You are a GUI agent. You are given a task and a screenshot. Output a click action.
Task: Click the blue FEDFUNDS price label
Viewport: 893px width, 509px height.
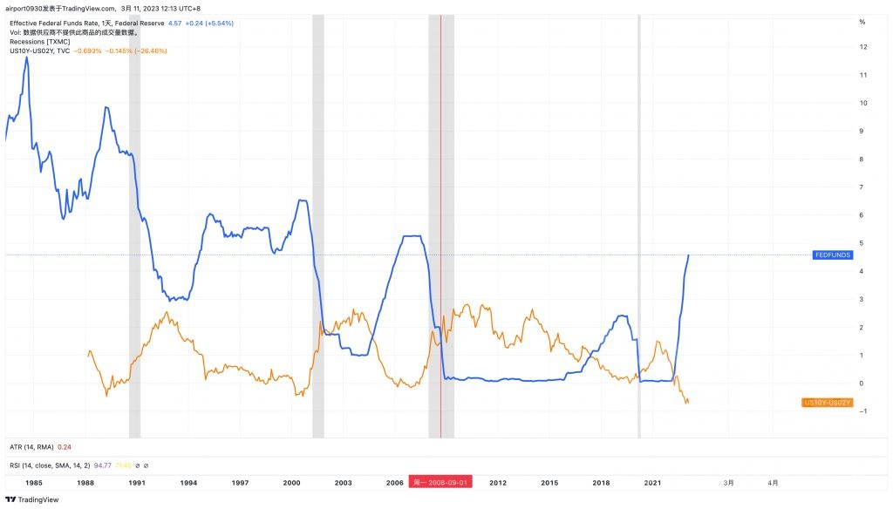[x=830, y=254]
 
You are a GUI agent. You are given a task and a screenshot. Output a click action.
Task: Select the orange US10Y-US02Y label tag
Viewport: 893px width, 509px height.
[x=827, y=403]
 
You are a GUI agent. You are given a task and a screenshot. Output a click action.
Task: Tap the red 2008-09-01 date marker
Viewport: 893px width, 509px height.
[x=441, y=482]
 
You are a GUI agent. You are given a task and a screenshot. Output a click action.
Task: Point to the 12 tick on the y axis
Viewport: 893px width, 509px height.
[x=862, y=47]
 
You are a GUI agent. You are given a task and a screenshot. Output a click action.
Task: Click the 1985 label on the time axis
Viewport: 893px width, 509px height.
[x=34, y=482]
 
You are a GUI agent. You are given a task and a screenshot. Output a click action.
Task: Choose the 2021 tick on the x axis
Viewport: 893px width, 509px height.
[x=652, y=482]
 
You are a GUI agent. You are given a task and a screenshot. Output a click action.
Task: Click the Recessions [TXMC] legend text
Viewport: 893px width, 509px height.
[x=39, y=41]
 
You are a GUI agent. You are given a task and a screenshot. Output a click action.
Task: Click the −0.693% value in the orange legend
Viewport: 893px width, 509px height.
[x=91, y=51]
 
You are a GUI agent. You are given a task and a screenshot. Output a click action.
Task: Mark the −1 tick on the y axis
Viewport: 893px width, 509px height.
[x=862, y=411]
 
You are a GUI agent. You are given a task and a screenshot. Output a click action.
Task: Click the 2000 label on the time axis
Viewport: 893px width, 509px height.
[x=291, y=482]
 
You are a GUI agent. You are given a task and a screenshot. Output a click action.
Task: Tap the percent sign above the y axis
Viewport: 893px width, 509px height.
[x=862, y=21]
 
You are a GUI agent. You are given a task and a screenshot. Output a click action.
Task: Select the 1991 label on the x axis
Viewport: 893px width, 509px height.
[x=137, y=482]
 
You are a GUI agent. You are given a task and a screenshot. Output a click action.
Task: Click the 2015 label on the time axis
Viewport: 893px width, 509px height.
[x=549, y=482]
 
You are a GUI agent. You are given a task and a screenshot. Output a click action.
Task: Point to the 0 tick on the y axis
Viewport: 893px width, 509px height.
[x=862, y=383]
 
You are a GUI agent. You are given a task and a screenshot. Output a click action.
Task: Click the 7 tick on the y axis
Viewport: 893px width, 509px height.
[x=862, y=187]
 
